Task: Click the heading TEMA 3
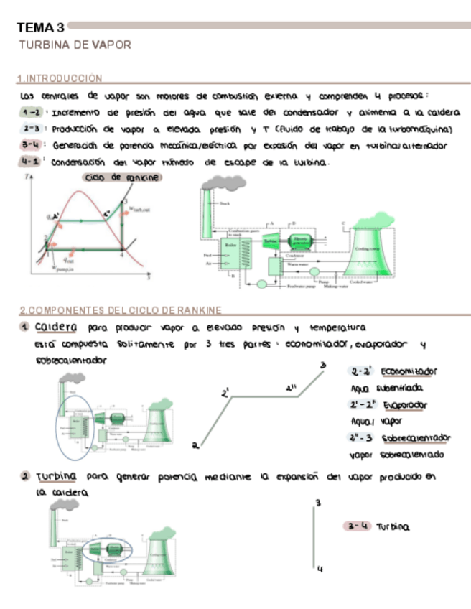click(41, 28)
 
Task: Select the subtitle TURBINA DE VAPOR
click(75, 45)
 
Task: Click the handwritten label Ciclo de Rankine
click(122, 177)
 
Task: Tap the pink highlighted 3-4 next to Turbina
click(357, 526)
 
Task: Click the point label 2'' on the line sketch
click(290, 389)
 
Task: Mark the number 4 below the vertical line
click(319, 570)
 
